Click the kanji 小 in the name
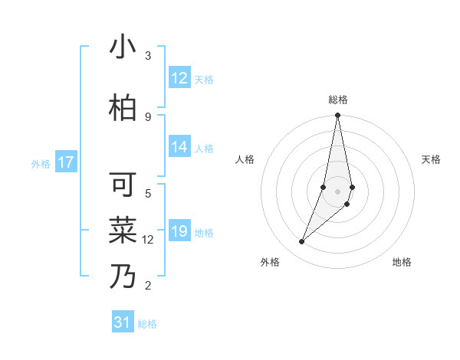pyautogui.click(x=123, y=48)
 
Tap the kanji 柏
pyautogui.click(x=123, y=109)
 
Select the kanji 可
pyautogui.click(x=123, y=185)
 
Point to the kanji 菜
pyautogui.click(x=123, y=230)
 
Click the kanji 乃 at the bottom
pyautogui.click(x=123, y=277)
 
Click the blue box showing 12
pyautogui.click(x=179, y=78)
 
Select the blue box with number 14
pyautogui.click(x=179, y=148)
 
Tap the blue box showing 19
pyautogui.click(x=179, y=232)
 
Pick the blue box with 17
pyautogui.click(x=66, y=162)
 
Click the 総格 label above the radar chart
pyautogui.click(x=338, y=100)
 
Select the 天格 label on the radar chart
pyautogui.click(x=432, y=159)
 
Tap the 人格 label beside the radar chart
pyautogui.click(x=245, y=159)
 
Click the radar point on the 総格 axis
pyautogui.click(x=337, y=116)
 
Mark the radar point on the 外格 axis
pyautogui.click(x=301, y=242)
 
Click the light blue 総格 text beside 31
pyautogui.click(x=147, y=324)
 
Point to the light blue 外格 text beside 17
pyautogui.click(x=41, y=163)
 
